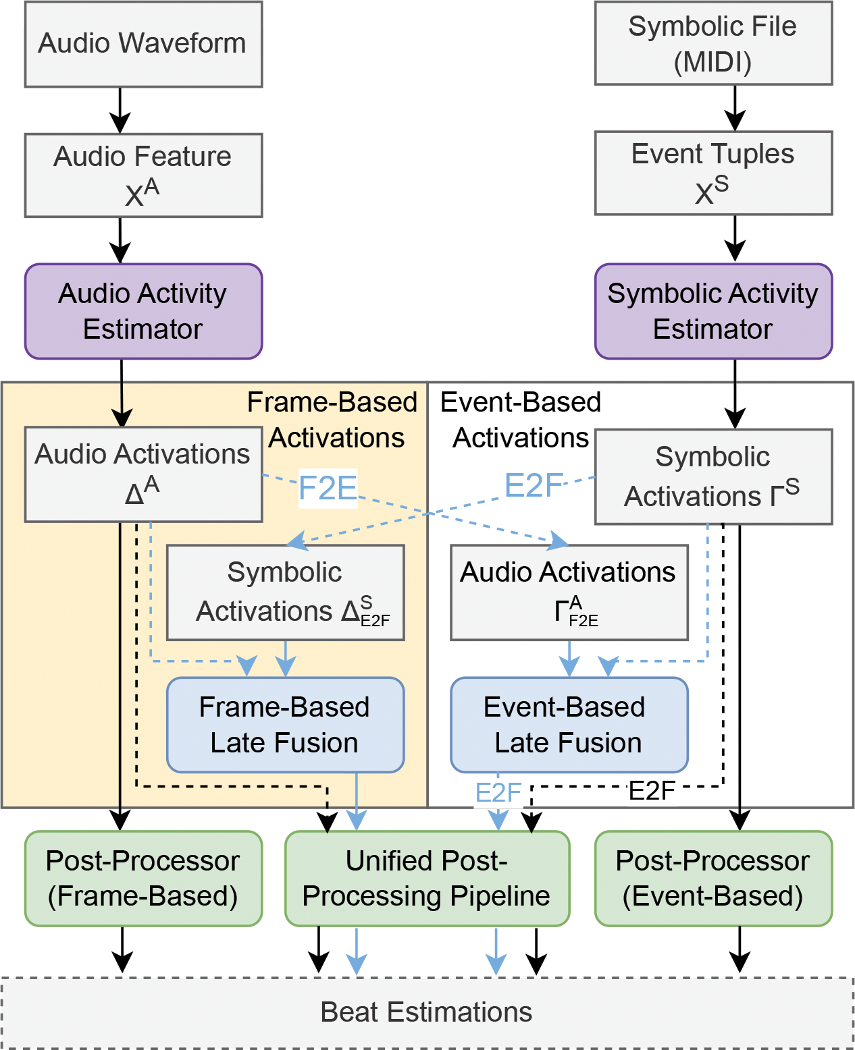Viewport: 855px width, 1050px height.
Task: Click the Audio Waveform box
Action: click(x=143, y=45)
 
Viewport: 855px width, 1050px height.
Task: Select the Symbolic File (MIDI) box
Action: click(x=713, y=44)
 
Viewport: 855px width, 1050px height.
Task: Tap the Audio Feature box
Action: click(x=143, y=175)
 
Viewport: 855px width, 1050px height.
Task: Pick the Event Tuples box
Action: click(x=713, y=173)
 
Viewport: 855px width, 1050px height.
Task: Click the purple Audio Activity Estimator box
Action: click(x=143, y=311)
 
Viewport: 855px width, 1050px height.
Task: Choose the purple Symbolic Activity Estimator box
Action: click(x=713, y=311)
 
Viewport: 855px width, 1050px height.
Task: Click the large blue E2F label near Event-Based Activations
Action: click(x=534, y=485)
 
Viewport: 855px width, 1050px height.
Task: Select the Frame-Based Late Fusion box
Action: click(x=285, y=725)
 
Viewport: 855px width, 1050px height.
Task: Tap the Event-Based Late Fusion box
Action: click(x=569, y=725)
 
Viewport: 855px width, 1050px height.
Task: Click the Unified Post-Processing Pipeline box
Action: click(x=427, y=879)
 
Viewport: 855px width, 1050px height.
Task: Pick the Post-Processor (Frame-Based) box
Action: click(x=143, y=879)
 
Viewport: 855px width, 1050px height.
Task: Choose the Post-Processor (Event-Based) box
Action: click(x=713, y=879)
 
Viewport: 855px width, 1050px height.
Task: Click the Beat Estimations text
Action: click(x=426, y=1012)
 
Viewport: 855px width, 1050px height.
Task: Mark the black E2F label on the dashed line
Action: click(x=652, y=791)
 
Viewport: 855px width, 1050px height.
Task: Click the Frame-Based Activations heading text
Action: click(x=334, y=420)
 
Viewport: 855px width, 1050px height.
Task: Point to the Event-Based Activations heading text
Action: click(x=520, y=420)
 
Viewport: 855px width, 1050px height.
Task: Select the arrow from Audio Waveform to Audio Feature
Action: click(x=120, y=111)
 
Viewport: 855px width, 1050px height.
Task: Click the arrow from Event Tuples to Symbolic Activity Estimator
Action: click(x=735, y=239)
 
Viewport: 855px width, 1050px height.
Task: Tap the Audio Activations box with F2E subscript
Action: click(x=569, y=592)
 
